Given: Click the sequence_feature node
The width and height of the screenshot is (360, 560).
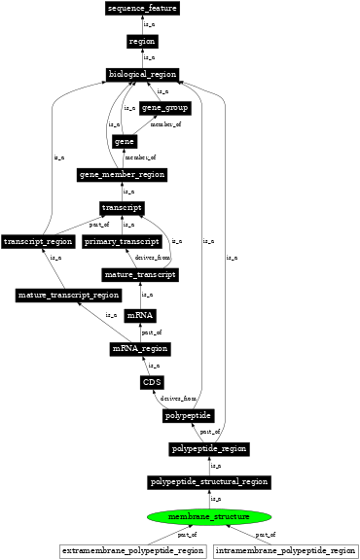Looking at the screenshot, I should point(142,9).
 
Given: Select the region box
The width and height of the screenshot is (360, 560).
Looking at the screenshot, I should point(142,42).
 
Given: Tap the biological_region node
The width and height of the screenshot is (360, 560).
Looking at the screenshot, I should point(142,75).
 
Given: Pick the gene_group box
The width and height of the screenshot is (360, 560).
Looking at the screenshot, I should point(165,108).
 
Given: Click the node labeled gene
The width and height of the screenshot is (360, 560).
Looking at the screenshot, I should point(124,142).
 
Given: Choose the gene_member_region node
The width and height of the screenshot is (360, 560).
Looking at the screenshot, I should point(123,175).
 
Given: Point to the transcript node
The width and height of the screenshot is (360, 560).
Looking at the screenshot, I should point(123,208).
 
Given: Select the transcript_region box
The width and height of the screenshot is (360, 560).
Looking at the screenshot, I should point(38,241).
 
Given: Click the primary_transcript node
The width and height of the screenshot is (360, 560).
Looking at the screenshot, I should point(122,241).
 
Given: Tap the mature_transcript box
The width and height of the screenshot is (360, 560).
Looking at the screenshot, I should point(140,275).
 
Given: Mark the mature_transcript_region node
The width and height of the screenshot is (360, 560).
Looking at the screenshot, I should point(69,295).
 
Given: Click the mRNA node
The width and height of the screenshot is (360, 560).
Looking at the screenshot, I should point(140,316).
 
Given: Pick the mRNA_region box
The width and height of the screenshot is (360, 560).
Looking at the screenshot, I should point(140,349).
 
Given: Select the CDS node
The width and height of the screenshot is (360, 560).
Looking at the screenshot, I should point(152,382).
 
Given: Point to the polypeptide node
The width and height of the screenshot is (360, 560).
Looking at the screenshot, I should point(189,416).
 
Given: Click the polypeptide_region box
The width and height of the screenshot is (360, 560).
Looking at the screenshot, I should point(209,449).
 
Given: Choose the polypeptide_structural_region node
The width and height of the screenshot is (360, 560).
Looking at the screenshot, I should point(209,482).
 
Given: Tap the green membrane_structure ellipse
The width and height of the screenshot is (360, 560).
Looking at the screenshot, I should point(209,516).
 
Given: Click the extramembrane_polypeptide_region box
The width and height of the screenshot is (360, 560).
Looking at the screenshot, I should point(133,551).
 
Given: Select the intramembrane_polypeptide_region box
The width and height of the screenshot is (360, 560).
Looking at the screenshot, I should point(285,551).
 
